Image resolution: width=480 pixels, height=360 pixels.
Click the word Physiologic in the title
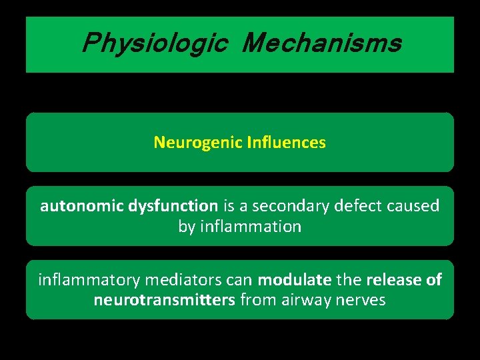[155, 44]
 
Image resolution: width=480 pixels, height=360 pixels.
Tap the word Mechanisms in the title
[322, 44]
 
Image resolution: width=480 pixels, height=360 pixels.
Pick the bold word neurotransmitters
[164, 301]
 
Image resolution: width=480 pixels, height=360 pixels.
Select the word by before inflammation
[186, 227]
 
